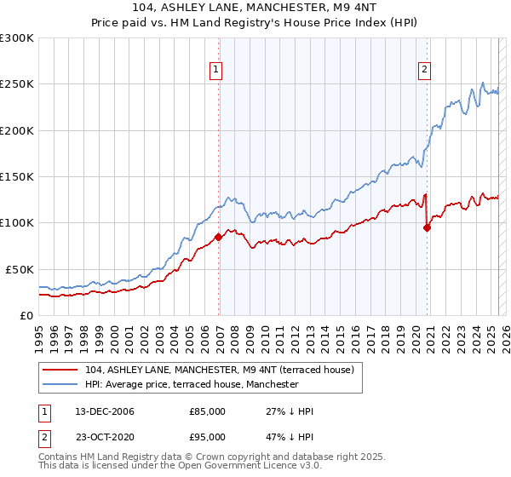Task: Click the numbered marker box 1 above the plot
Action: pyautogui.click(x=216, y=71)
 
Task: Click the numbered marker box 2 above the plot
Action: pyautogui.click(x=423, y=71)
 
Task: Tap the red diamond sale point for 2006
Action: pyautogui.click(x=219, y=237)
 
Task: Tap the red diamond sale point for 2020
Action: pyautogui.click(x=428, y=227)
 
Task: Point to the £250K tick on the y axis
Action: pyautogui.click(x=17, y=84)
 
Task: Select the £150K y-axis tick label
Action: pyautogui.click(x=17, y=176)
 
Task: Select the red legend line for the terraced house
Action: pyautogui.click(x=61, y=370)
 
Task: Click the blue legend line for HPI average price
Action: pyautogui.click(x=61, y=384)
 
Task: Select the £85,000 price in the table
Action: pyautogui.click(x=207, y=411)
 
